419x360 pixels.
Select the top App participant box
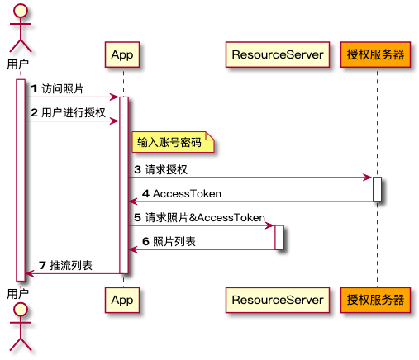tap(122, 54)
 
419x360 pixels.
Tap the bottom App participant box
tap(122, 301)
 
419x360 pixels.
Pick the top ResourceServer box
tap(279, 54)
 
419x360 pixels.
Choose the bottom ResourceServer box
tap(279, 301)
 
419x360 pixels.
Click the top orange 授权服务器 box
tap(376, 54)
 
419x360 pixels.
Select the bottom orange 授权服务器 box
tap(376, 301)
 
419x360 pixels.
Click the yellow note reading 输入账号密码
tap(169, 142)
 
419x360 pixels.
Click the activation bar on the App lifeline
tap(123, 185)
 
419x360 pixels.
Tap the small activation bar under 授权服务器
tap(377, 189)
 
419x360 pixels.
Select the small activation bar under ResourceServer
tap(279, 237)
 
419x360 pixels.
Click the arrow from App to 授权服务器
tap(248, 178)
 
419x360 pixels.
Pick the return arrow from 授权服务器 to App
tap(248, 201)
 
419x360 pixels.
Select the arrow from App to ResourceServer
tap(198, 225)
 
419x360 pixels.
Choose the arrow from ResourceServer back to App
tap(198, 249)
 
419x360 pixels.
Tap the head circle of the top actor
tap(21, 11)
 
